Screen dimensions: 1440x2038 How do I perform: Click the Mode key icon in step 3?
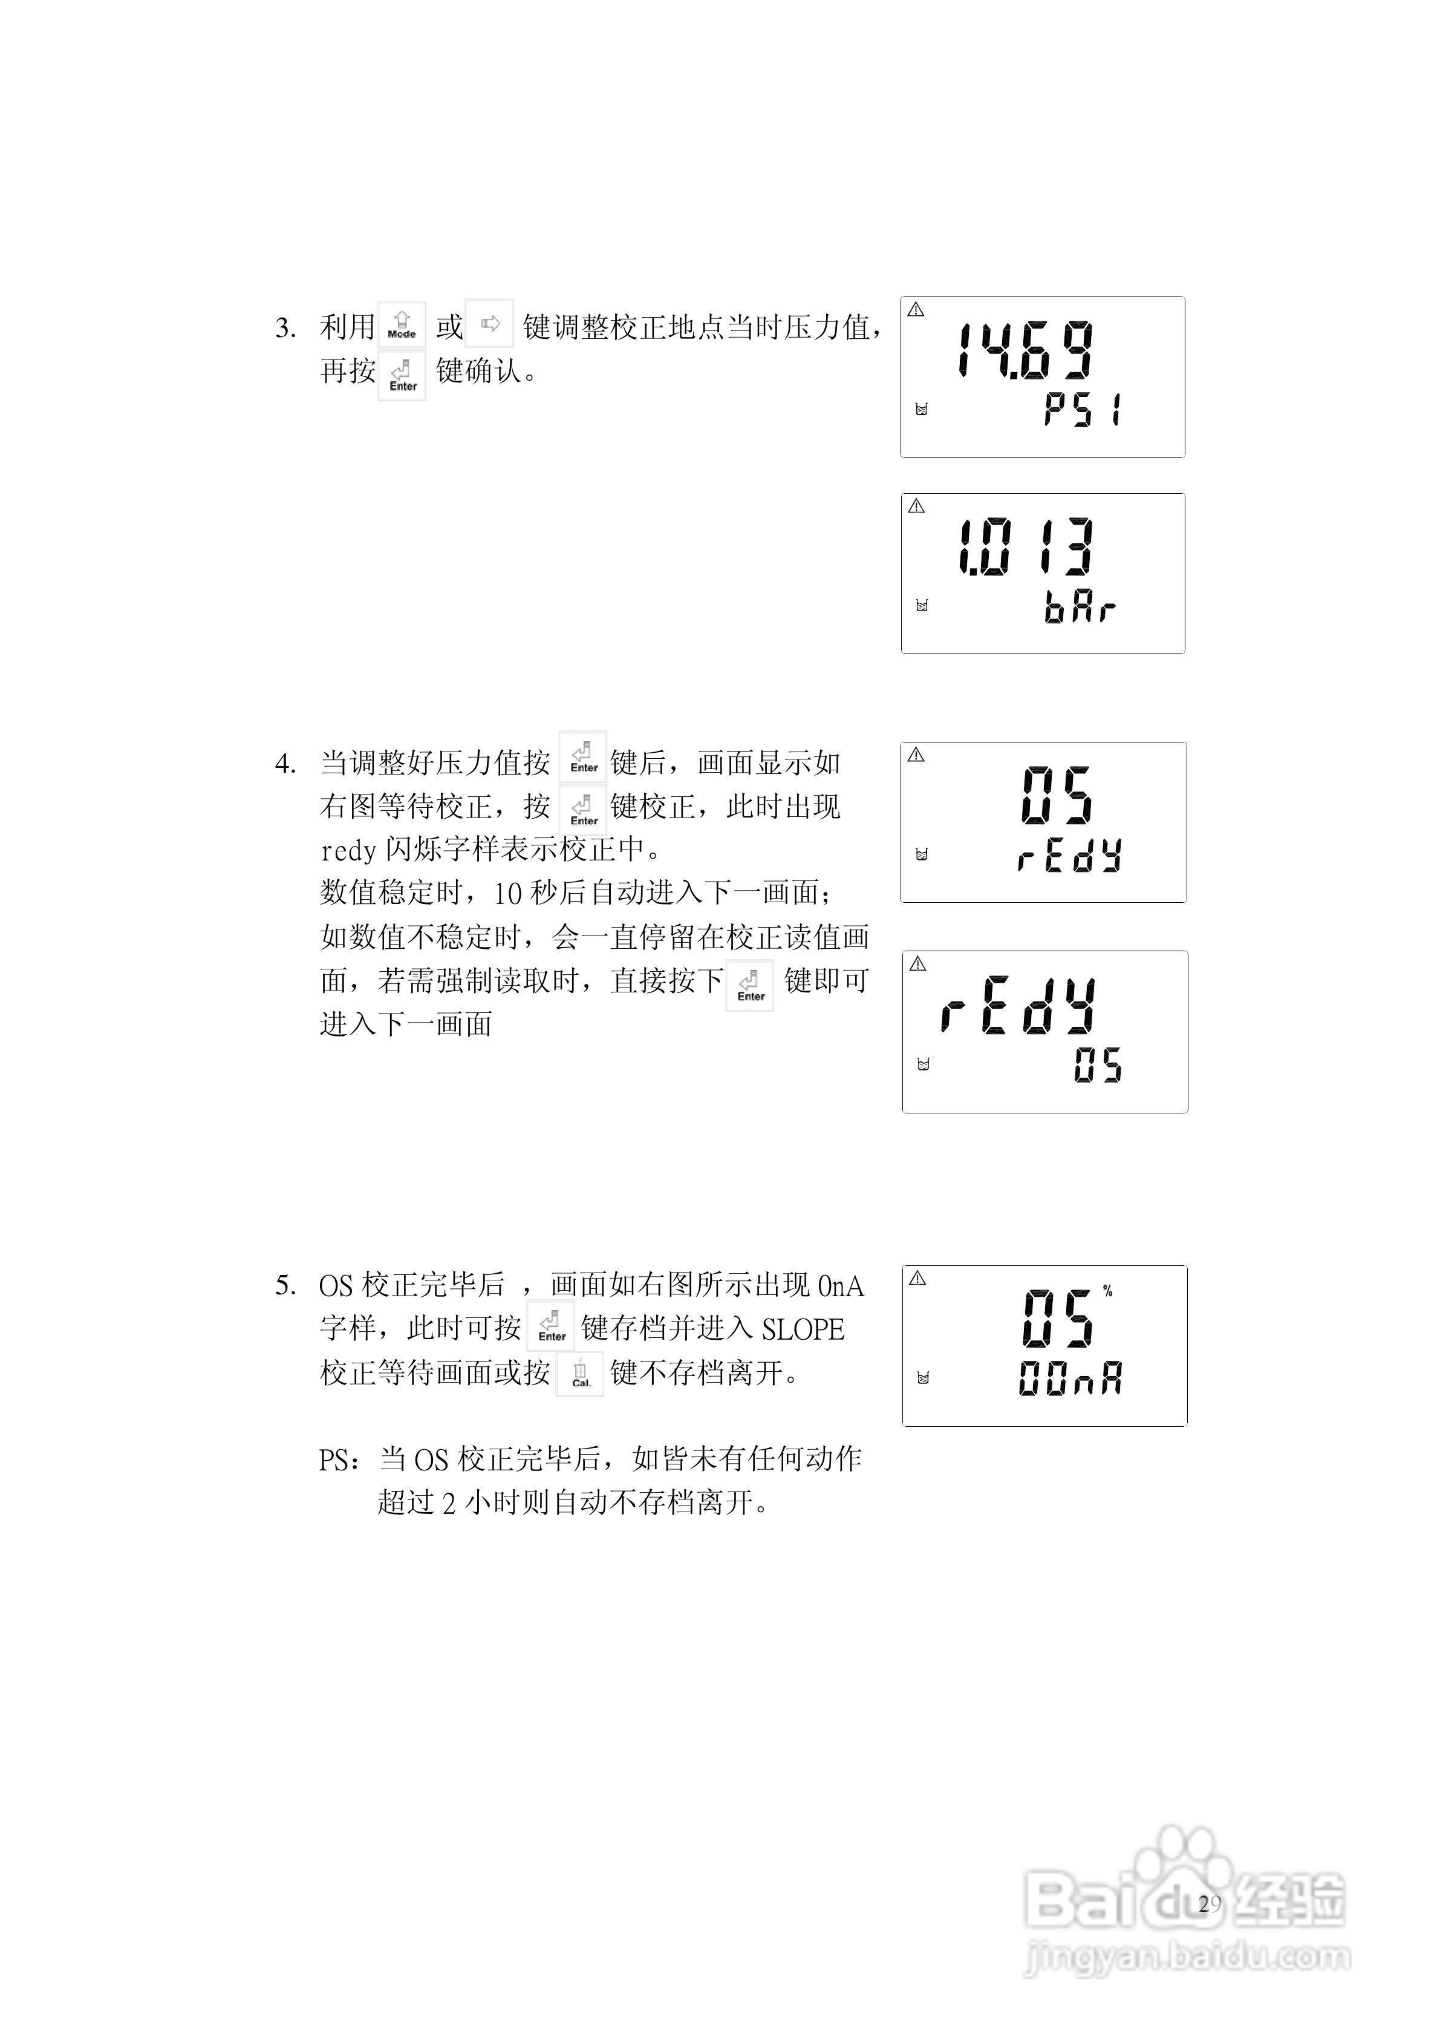click(x=402, y=326)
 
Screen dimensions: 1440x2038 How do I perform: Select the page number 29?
click(x=1210, y=1904)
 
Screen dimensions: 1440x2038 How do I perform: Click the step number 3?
click(x=285, y=329)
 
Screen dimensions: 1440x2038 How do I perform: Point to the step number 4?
click(x=285, y=764)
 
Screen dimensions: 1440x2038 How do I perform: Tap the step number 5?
click(x=285, y=1285)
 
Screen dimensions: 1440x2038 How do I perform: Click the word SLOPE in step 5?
click(x=803, y=1329)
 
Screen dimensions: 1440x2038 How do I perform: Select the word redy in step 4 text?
click(x=349, y=850)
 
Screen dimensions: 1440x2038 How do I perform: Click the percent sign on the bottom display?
click(x=1108, y=1291)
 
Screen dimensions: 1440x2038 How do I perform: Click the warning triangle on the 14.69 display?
click(x=916, y=310)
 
